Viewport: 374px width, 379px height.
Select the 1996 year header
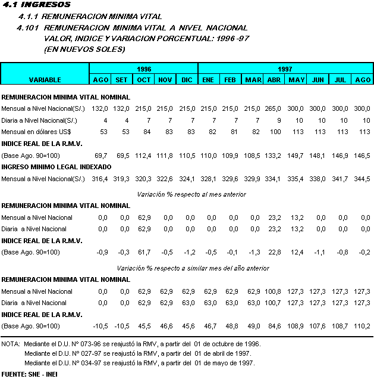143,69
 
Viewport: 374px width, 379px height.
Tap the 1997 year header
285,69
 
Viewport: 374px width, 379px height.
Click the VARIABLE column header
45,80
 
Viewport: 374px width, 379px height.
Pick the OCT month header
144,80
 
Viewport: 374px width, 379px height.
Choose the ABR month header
274,80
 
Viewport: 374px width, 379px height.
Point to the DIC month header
187,80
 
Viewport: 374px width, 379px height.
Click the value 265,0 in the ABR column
274,108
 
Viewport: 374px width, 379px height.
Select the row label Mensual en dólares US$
36,132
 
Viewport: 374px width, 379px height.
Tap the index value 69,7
100,154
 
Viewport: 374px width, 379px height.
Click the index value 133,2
274,154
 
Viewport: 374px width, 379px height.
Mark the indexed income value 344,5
362,178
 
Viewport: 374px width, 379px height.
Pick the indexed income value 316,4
100,178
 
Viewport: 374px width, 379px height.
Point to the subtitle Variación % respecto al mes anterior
191,194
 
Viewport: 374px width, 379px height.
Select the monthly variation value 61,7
144,252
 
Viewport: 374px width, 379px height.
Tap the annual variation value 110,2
362,326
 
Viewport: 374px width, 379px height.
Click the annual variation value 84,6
274,326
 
